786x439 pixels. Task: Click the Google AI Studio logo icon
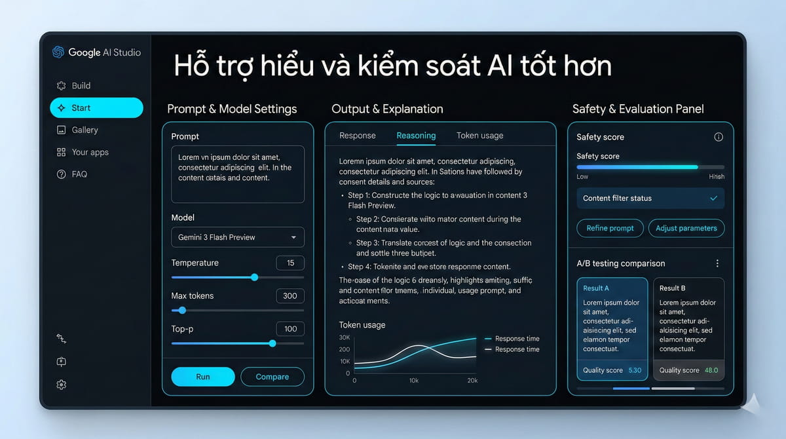coord(58,52)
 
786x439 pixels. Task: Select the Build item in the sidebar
coord(81,86)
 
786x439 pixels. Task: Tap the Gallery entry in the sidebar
coord(84,130)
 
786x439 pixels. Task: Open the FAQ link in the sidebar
coord(79,174)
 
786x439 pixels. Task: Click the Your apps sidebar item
coord(90,152)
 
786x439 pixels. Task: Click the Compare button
coord(272,377)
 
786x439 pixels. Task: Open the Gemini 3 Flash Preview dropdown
coord(238,237)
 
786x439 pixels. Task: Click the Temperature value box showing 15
coord(290,263)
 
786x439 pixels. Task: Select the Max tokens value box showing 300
coord(290,296)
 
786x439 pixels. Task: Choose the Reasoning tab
coord(416,136)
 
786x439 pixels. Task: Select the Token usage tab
coord(479,136)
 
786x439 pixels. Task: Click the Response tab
coord(358,136)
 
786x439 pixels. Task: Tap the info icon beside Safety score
coord(718,137)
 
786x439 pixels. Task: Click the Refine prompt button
coord(610,228)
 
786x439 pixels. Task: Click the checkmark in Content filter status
coord(713,198)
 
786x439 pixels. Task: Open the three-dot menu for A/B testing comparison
coord(717,263)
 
